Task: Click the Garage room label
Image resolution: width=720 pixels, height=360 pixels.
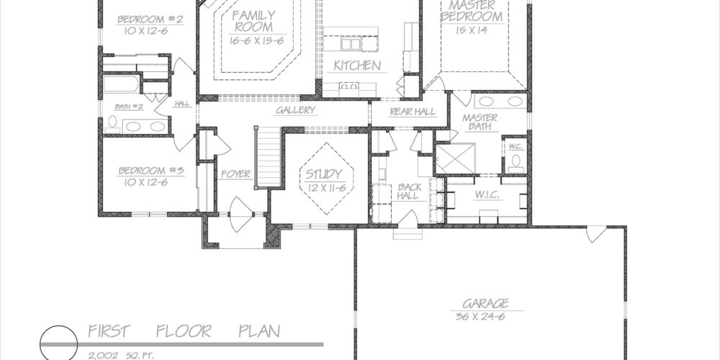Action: tap(486, 303)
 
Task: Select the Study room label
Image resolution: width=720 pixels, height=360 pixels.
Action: tap(324, 174)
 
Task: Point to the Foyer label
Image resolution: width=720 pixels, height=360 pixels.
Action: tap(236, 174)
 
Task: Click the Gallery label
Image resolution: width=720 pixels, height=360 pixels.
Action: tap(296, 110)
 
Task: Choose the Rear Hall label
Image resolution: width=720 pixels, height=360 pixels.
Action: tap(413, 112)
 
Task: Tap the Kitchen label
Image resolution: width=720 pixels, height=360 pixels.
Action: tap(357, 66)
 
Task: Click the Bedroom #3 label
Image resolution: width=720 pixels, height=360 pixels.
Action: tap(151, 171)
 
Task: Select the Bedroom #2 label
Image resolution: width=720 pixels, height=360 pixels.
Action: tap(150, 19)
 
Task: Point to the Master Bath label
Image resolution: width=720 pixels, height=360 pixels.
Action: tap(480, 122)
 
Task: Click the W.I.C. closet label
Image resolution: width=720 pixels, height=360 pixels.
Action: tap(487, 195)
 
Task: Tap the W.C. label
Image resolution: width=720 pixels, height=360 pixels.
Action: tap(513, 147)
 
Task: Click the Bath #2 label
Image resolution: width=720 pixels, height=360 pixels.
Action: tap(129, 107)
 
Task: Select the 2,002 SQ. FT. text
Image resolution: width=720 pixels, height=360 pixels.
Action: tap(121, 356)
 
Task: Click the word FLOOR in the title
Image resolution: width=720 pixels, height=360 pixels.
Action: tap(184, 331)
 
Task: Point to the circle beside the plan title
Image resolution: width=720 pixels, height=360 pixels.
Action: tap(58, 344)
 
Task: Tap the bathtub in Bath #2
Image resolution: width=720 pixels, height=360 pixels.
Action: tap(121, 84)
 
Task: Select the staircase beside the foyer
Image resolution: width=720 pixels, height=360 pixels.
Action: tap(268, 156)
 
